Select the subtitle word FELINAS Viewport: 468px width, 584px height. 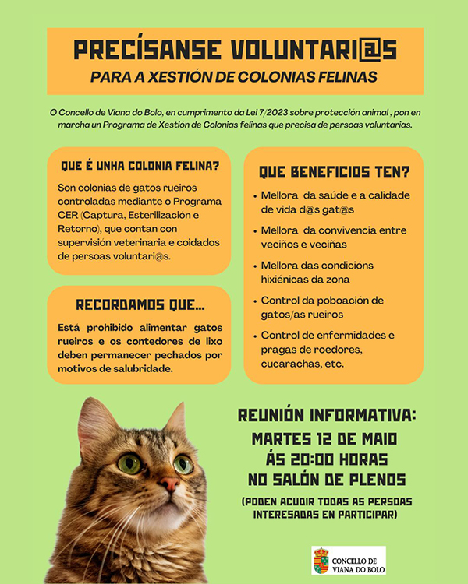point(342,77)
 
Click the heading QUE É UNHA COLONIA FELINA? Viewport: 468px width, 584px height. point(140,166)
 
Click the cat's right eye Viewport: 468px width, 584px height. point(183,464)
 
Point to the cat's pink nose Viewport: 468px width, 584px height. point(169,484)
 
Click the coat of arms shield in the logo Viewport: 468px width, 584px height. point(321,559)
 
